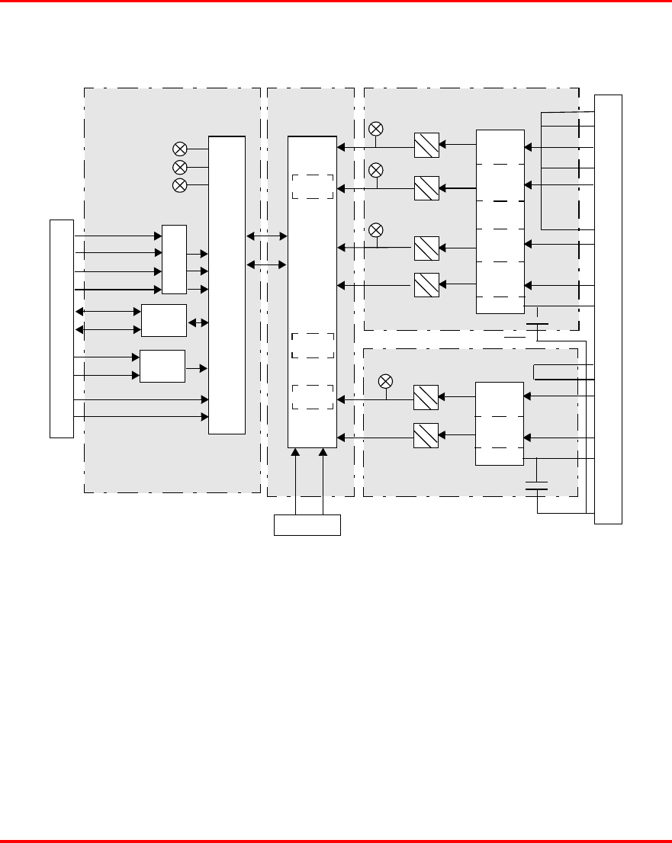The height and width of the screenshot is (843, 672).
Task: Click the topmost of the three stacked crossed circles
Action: tap(180, 149)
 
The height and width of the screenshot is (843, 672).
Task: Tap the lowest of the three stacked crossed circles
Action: tap(180, 185)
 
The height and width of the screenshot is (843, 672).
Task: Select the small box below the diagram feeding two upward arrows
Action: tap(307, 525)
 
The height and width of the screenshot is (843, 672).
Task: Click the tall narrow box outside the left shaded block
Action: tap(62, 329)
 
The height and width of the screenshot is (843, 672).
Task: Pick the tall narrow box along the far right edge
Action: tap(609, 309)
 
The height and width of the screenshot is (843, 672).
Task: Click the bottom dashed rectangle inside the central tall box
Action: tap(313, 397)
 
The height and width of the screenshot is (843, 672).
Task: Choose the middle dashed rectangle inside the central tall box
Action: tap(313, 345)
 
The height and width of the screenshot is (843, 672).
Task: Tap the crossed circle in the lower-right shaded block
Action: tap(386, 381)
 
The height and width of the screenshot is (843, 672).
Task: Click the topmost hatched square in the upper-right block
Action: tap(426, 145)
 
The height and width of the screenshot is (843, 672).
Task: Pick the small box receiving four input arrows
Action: tap(175, 260)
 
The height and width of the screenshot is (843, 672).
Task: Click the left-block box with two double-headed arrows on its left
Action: tap(164, 320)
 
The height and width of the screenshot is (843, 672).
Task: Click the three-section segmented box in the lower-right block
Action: tap(500, 424)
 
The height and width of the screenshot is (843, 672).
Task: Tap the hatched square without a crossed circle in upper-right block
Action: tap(426, 284)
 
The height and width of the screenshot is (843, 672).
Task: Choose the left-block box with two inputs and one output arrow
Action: tap(162, 366)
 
